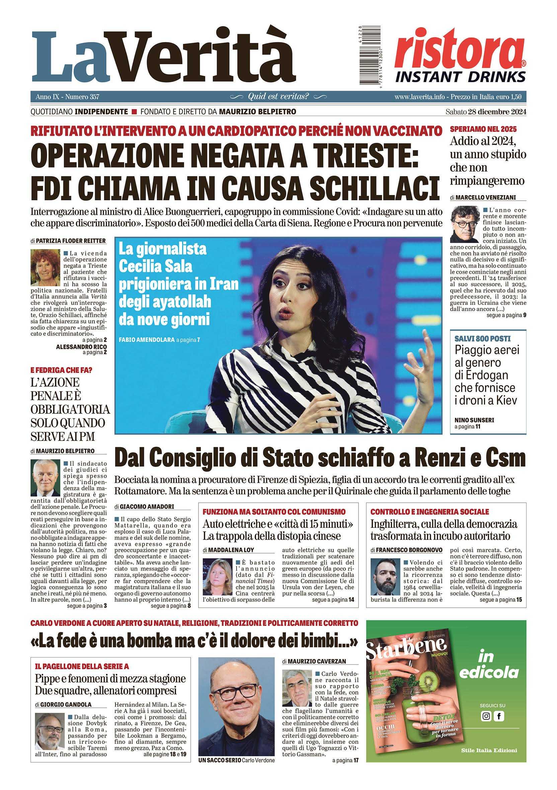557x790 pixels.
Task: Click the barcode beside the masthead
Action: [367, 57]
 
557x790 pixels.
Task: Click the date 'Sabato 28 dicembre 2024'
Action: [485, 112]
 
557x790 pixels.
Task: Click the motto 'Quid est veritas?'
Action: [278, 96]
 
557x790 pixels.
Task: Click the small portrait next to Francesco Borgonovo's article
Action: [385, 577]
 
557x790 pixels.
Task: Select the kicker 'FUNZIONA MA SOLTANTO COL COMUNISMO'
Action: [274, 512]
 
